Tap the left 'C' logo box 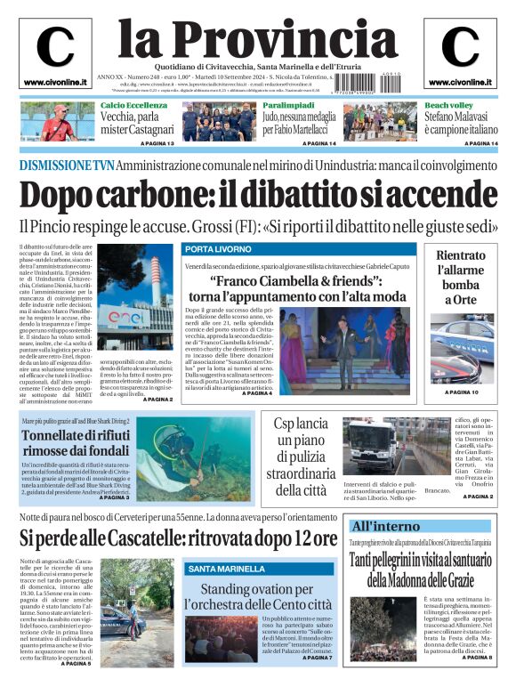click(55, 53)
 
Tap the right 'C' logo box click(460, 53)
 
